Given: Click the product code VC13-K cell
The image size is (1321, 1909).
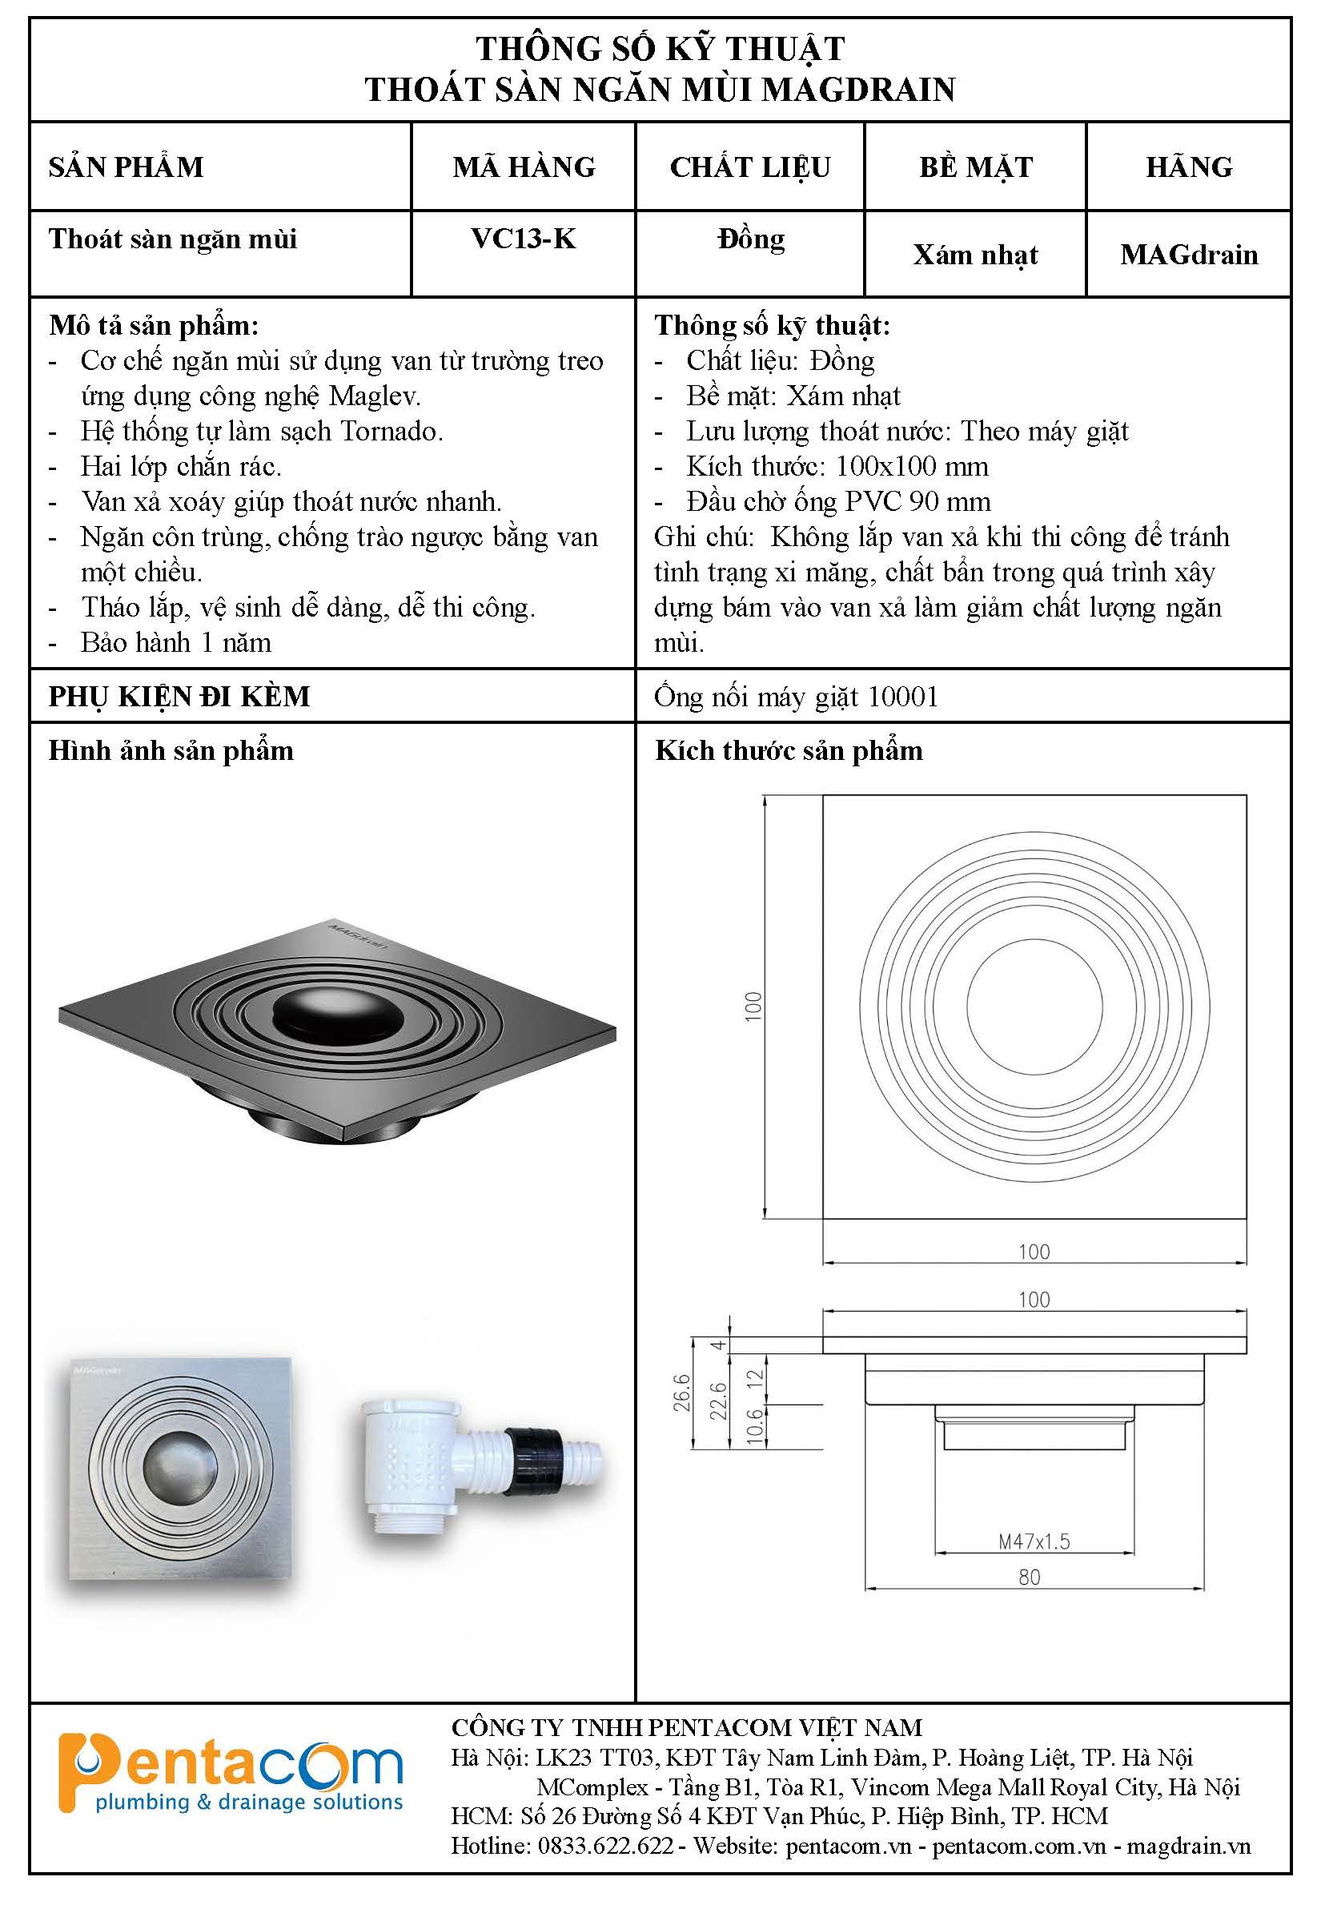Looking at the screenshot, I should point(523,239).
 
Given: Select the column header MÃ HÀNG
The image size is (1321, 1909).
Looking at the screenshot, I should point(523,167).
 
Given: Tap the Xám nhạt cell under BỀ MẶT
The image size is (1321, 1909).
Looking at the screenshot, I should point(975,255).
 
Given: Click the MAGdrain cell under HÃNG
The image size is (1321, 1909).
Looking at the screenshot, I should point(1189,255).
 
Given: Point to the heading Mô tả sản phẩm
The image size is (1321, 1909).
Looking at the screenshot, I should point(154,325).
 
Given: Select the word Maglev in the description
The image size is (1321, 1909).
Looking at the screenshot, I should point(374,396).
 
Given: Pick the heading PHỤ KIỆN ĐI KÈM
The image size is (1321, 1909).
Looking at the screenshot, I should point(179,696).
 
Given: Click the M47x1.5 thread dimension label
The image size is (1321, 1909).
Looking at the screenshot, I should point(1034,1541).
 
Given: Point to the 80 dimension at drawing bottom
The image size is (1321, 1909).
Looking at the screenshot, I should point(1030,1577).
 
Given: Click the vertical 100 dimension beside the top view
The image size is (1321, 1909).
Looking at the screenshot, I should point(753,1006).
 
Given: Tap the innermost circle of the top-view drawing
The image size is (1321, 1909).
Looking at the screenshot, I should point(1034,1007).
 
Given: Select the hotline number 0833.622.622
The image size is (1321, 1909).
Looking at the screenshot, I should point(605,1845).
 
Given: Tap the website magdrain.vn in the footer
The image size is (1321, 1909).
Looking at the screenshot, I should point(1189,1845).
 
